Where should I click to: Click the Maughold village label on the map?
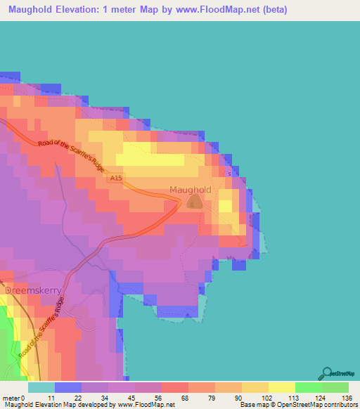(x=190, y=190)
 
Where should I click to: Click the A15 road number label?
(x=117, y=180)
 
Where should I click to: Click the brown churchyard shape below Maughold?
(x=193, y=202)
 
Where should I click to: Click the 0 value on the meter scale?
(x=23, y=397)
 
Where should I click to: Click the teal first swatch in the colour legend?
(x=41, y=387)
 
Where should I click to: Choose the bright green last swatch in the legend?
(x=335, y=387)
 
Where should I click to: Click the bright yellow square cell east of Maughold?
(x=226, y=205)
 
